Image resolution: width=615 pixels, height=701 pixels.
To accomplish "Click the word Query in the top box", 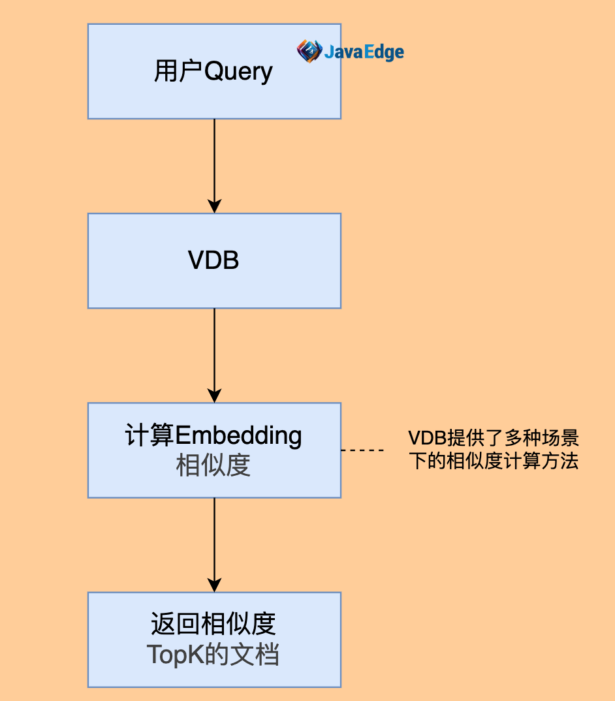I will [x=239, y=72].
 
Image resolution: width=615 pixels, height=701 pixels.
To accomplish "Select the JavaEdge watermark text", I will [x=364, y=52].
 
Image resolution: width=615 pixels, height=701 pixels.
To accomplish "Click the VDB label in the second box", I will [x=213, y=260].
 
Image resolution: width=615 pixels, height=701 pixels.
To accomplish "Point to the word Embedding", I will [x=239, y=435].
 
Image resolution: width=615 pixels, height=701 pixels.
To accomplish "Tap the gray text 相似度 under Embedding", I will [x=213, y=465].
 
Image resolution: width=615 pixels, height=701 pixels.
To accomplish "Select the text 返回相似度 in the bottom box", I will [x=213, y=624].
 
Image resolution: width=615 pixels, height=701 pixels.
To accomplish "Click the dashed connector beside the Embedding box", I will [x=362, y=450].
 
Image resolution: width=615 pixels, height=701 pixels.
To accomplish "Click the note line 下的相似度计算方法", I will [x=494, y=461].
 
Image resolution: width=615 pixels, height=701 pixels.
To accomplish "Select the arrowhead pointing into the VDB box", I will [x=214, y=206].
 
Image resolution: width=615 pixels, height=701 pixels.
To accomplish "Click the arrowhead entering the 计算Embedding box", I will [x=214, y=395].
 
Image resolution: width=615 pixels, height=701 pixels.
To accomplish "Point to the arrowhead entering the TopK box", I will [x=214, y=584].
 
